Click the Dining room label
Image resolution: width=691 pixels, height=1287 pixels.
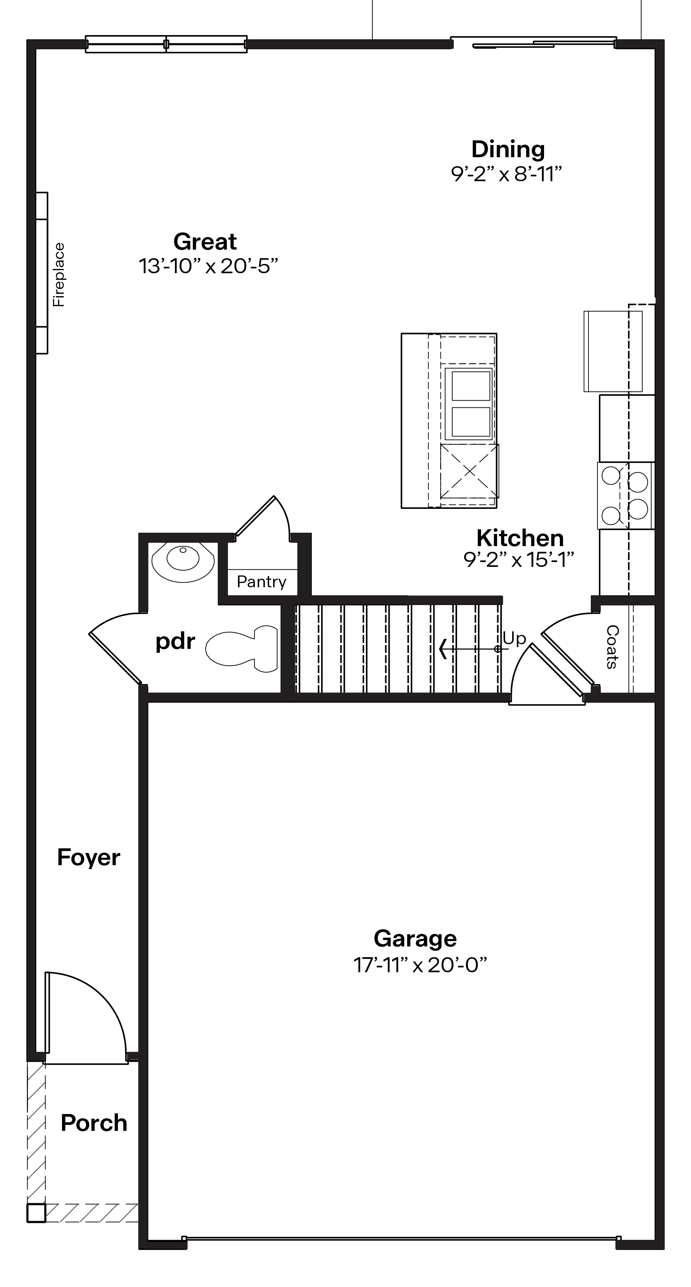pyautogui.click(x=507, y=149)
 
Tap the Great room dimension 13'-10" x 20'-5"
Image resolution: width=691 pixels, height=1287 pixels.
pyautogui.click(x=208, y=266)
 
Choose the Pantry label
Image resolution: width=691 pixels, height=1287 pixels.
pyautogui.click(x=262, y=582)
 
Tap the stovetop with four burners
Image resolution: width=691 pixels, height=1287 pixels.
pyautogui.click(x=625, y=496)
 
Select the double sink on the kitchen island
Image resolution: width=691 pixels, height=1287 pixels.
pyautogui.click(x=471, y=404)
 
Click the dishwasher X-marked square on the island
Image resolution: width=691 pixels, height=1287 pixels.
pyautogui.click(x=469, y=471)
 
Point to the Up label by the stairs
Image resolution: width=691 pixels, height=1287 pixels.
pyautogui.click(x=515, y=638)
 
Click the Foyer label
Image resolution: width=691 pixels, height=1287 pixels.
pyautogui.click(x=89, y=857)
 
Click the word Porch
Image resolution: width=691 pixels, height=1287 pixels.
pyautogui.click(x=94, y=1123)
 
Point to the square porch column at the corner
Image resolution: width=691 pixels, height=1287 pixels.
pyautogui.click(x=36, y=1213)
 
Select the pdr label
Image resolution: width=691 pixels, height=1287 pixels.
pyautogui.click(x=175, y=641)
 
